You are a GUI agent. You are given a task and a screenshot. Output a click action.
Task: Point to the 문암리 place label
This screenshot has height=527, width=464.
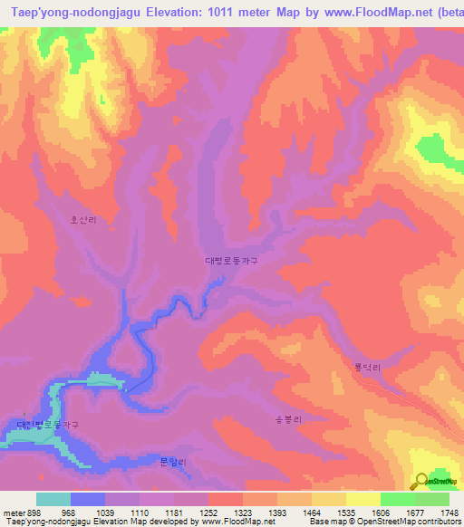[x=172, y=462]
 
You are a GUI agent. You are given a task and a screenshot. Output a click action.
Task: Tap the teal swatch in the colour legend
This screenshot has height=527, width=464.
[x=53, y=499]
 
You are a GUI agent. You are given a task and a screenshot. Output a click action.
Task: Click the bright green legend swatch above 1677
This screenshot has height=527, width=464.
[x=398, y=499]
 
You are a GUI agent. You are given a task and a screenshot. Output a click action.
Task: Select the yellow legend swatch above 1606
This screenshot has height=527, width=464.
[x=362, y=499]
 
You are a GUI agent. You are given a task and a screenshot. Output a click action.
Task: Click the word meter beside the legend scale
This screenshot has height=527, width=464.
[x=12, y=513]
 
